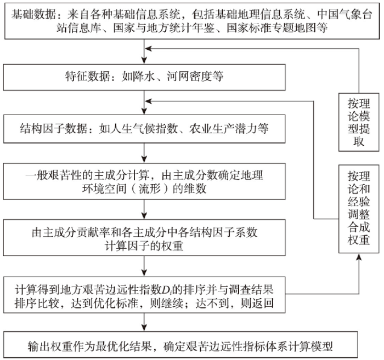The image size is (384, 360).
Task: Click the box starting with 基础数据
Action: pyautogui.click(x=192, y=21)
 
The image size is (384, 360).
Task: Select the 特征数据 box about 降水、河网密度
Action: pyautogui.click(x=144, y=77)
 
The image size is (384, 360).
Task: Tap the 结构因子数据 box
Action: pyautogui.click(x=144, y=129)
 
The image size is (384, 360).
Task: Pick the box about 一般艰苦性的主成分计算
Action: pyautogui.click(x=144, y=181)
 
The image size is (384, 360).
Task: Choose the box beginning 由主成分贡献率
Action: pyautogui.click(x=144, y=238)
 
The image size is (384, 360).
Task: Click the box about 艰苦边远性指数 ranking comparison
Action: pyautogui.click(x=144, y=295)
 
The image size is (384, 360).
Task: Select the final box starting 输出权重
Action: pyautogui.click(x=180, y=345)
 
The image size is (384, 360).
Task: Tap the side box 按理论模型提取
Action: pyautogui.click(x=359, y=122)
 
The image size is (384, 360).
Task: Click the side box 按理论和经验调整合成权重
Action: pyautogui.click(x=359, y=209)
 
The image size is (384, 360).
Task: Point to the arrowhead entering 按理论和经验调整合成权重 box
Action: pyautogui.click(x=359, y=257)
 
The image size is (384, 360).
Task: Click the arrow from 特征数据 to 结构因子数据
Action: pyautogui.click(x=144, y=102)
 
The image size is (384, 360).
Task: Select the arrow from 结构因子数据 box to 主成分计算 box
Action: pyautogui.click(x=144, y=153)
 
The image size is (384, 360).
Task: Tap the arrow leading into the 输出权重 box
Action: pyautogui.click(x=144, y=322)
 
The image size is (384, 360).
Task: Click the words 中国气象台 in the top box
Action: pyautogui.click(x=345, y=15)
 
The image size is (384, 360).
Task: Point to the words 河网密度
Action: pyautogui.click(x=189, y=77)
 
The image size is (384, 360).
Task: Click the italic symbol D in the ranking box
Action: pyautogui.click(x=166, y=290)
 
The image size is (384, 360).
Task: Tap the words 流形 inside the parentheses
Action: pyautogui.click(x=150, y=188)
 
